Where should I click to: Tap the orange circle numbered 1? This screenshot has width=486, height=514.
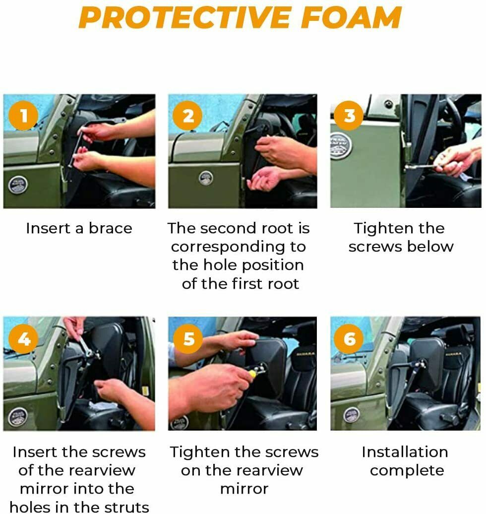24,116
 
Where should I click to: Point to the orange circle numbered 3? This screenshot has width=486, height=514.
349,116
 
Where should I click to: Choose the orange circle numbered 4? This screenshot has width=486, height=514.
24,339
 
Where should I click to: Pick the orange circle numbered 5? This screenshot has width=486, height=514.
188,339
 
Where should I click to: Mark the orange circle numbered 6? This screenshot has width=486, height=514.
349,339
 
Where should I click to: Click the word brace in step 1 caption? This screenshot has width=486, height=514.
111,228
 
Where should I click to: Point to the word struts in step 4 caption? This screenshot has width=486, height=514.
126,507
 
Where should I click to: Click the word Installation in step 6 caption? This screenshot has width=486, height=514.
405,452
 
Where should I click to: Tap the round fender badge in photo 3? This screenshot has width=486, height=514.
341,146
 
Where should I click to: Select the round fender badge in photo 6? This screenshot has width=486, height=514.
352,415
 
